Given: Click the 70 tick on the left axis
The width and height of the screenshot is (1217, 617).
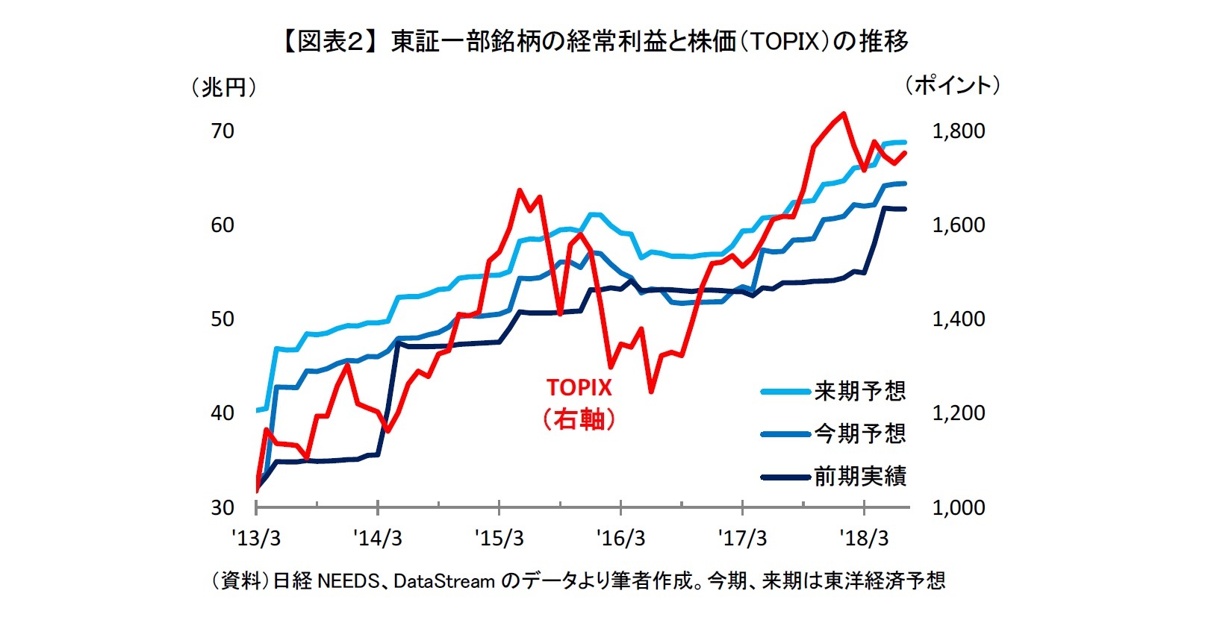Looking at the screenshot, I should (222, 131).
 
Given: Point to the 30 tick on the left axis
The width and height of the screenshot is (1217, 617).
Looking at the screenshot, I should (222, 507).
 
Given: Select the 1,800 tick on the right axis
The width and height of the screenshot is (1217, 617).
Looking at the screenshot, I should (958, 131).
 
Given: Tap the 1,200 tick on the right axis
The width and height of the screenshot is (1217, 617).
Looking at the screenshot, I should (958, 413).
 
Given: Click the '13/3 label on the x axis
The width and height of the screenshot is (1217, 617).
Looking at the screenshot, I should (256, 538).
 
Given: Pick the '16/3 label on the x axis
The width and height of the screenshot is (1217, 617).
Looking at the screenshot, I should (621, 538).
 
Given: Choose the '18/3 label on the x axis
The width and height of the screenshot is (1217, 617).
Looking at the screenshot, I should (864, 538).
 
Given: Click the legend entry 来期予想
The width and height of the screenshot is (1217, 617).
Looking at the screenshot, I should (859, 391).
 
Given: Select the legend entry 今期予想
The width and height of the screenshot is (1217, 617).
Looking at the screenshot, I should (859, 433).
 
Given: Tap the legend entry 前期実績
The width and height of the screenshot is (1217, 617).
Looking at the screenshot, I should (859, 476).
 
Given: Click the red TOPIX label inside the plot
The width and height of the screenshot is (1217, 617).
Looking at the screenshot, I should (579, 387).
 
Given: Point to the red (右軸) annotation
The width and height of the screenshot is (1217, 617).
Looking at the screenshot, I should (579, 419).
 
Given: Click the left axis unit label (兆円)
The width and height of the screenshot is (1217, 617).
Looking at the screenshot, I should (223, 88).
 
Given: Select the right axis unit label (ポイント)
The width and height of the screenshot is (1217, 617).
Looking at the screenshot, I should (952, 86).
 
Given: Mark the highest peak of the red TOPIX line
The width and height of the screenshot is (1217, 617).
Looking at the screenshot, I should (843, 114).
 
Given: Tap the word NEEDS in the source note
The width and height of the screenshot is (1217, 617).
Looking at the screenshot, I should (349, 580).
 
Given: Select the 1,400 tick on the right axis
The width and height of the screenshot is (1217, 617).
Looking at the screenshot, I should (958, 319).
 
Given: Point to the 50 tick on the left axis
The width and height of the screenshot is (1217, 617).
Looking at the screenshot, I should (222, 319).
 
